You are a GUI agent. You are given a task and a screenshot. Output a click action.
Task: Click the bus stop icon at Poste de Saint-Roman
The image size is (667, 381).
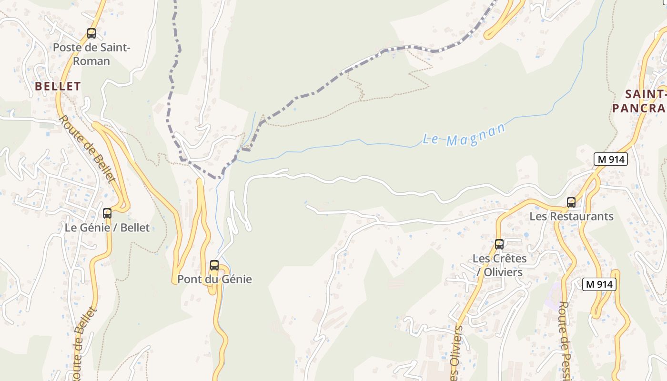[91, 33]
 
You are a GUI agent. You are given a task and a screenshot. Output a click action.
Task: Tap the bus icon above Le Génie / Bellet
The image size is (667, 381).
[107, 213]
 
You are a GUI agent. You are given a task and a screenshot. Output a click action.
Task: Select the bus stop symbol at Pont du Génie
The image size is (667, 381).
[214, 265]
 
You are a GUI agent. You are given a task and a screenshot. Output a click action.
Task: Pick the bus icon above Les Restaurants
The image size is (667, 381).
[571, 202]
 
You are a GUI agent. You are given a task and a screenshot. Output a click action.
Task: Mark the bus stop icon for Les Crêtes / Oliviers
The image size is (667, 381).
[499, 244]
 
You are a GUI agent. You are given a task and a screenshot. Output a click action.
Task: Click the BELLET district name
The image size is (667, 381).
[58, 86]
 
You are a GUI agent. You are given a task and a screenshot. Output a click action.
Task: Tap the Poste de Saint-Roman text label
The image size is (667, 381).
[91, 54]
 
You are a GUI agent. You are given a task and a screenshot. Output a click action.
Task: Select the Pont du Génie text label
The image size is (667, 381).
[214, 279]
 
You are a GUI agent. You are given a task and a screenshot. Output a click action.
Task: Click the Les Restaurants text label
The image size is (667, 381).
[571, 216]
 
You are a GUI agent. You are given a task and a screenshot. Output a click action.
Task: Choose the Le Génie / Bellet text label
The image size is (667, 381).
[107, 228]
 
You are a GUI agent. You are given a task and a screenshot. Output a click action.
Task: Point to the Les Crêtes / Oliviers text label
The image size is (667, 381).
[499, 265]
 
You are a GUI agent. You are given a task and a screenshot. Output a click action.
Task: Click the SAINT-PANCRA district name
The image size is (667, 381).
[638, 101]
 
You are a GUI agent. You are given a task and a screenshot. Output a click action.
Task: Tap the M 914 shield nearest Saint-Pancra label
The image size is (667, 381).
[610, 160]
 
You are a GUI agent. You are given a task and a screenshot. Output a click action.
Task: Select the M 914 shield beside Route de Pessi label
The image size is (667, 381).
[599, 284]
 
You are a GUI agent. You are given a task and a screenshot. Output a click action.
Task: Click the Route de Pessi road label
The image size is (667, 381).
[566, 341]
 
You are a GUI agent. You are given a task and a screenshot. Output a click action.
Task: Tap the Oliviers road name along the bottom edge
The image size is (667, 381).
[456, 352]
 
